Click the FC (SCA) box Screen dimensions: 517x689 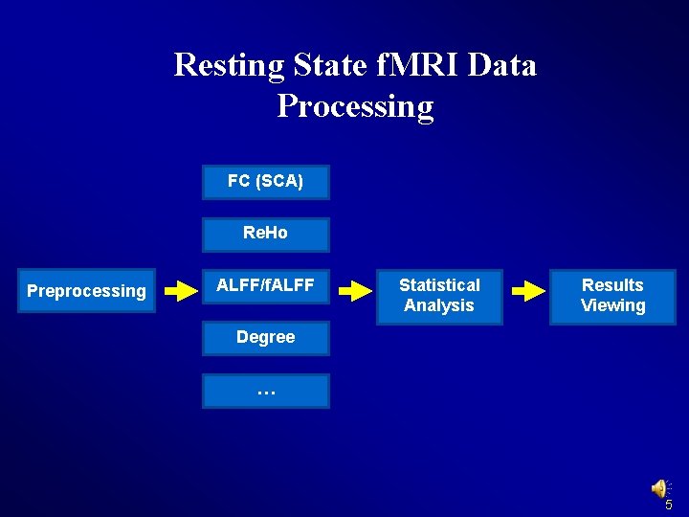pos(265,182)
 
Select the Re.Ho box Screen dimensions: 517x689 pos(265,234)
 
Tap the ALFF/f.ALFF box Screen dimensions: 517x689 pos(265,284)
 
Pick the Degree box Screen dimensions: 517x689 pos(265,337)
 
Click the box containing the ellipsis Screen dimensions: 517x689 pos(265,391)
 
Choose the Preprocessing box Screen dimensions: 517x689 pos(86,291)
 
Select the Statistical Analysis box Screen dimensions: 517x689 pos(439,295)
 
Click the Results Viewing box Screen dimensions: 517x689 pos(612,295)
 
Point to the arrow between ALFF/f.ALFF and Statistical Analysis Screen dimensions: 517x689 pos(359,291)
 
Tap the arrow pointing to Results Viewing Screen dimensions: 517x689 pos(529,291)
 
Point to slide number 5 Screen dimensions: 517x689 pos(669,505)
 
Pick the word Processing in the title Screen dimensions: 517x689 pos(355,106)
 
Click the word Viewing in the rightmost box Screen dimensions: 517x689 pos(612,305)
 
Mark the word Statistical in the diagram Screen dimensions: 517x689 pos(439,284)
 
